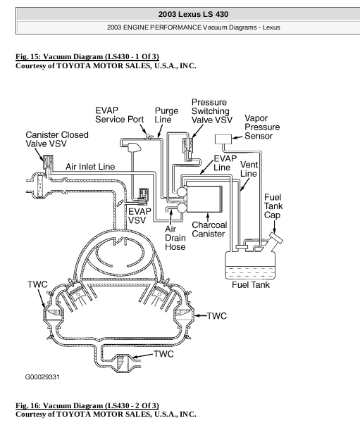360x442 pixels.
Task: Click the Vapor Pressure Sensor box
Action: [223, 139]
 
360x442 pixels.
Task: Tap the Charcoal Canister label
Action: [209, 229]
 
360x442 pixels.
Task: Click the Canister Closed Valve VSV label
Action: [57, 139]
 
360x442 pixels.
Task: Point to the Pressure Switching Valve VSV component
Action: [188, 149]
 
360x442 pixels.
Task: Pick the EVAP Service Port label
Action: [119, 115]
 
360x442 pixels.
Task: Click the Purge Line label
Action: [166, 115]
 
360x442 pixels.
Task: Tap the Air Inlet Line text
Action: [90, 167]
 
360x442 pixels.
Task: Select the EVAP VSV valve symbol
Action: [144, 196]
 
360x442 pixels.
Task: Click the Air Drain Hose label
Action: [175, 238]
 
